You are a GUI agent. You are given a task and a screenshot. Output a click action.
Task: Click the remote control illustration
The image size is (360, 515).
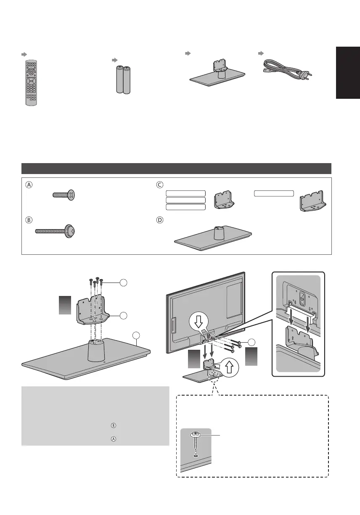click(31, 83)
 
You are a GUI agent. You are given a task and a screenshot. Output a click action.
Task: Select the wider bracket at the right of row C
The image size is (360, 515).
click(312, 202)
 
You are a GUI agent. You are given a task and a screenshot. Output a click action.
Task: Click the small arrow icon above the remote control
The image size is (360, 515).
click(24, 55)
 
